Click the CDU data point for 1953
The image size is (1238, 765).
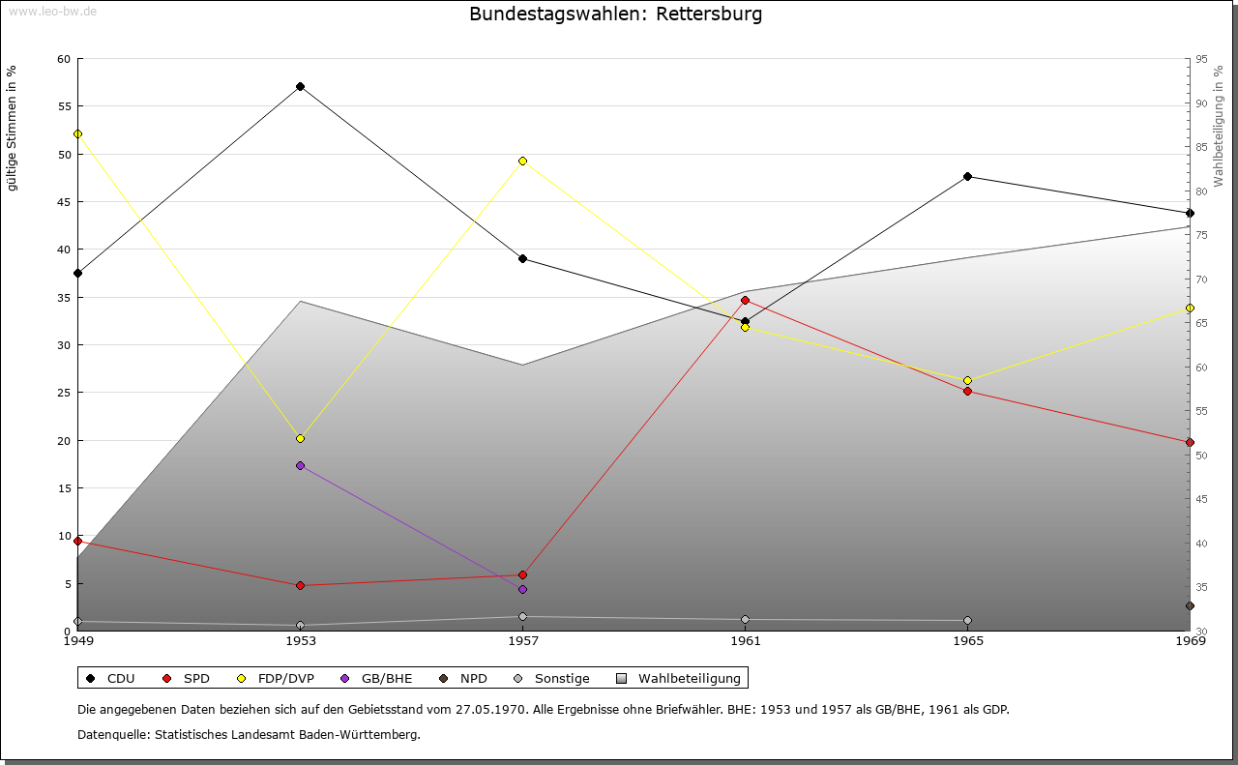(300, 86)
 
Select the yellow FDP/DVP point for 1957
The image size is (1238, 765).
(522, 161)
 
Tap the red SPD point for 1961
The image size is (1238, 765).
(745, 300)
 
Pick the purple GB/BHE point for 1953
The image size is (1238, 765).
(300, 465)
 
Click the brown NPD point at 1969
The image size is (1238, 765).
(1190, 605)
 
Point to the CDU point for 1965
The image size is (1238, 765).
(967, 176)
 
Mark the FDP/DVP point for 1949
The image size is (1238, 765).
(77, 133)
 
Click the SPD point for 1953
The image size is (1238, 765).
(300, 585)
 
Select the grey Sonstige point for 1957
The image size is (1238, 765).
(522, 616)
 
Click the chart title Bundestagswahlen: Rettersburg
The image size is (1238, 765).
(615, 15)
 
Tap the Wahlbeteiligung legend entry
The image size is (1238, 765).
(679, 678)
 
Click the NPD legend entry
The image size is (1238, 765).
(464, 678)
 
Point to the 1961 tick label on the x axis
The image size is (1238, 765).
(745, 640)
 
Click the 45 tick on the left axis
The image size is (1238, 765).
(64, 202)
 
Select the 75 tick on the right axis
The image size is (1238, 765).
(1201, 235)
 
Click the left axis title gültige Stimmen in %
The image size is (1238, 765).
(13, 128)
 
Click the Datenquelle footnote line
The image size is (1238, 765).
(249, 734)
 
